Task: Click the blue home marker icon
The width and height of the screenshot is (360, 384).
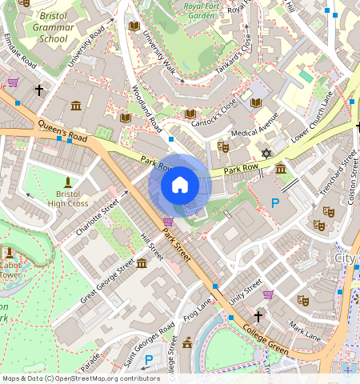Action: [180, 186]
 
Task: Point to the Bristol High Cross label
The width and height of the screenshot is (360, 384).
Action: [67, 198]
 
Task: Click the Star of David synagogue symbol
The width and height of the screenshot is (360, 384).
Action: [267, 153]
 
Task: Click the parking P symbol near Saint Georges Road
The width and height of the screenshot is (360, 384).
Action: [148, 359]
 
